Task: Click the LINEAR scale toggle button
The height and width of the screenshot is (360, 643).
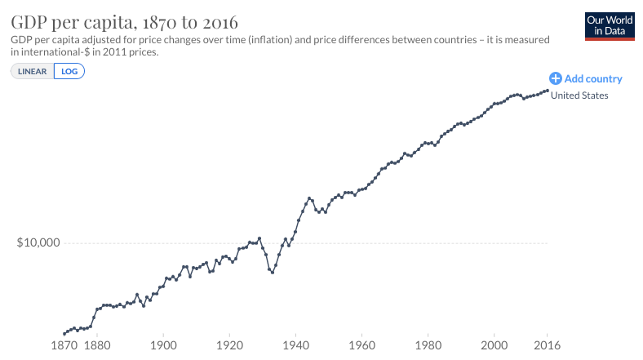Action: click(33, 71)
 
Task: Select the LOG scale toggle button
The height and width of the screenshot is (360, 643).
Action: click(69, 71)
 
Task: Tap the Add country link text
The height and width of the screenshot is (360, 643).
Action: click(593, 79)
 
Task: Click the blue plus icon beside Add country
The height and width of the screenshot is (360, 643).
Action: click(556, 78)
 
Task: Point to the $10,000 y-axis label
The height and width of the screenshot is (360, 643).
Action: click(40, 243)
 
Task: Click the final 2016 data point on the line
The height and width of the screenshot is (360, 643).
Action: click(547, 90)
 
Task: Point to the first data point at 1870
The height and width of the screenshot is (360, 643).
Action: click(64, 333)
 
